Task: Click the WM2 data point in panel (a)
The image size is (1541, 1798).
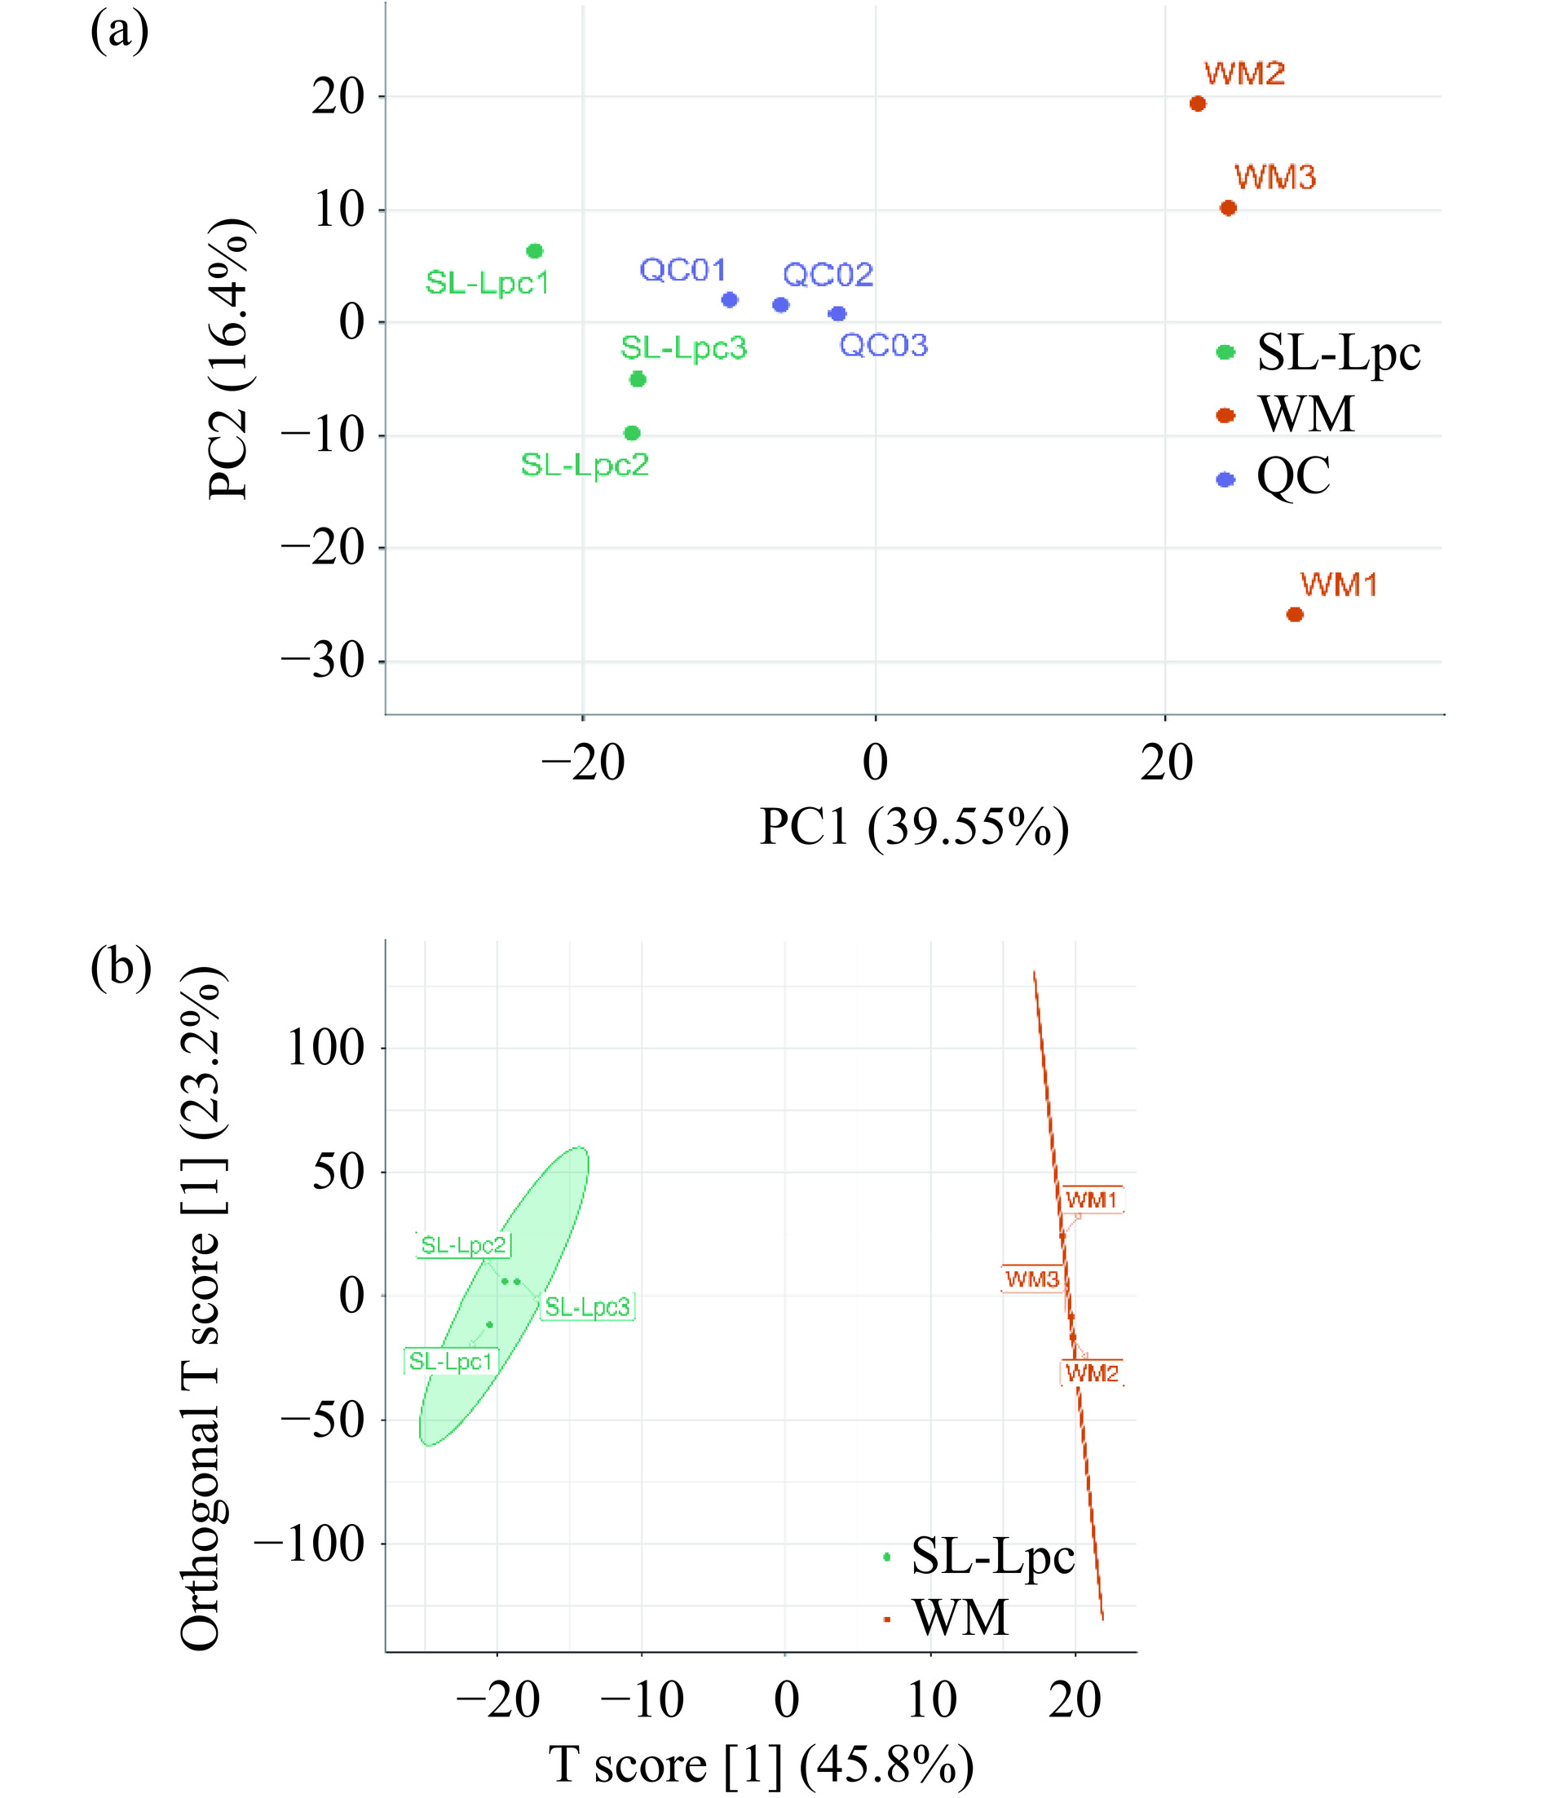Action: (1198, 104)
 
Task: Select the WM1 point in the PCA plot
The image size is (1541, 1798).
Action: (1295, 614)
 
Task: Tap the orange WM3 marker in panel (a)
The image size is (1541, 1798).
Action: (1228, 208)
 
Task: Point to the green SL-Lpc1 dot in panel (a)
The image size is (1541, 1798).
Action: (535, 252)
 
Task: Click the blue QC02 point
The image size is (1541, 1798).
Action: (781, 305)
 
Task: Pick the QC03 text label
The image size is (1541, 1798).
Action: (883, 346)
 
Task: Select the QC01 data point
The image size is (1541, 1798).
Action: (730, 300)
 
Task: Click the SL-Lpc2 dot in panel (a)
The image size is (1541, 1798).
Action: (632, 433)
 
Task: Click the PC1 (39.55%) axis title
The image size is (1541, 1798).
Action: (914, 827)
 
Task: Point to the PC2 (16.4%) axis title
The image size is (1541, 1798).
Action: (230, 360)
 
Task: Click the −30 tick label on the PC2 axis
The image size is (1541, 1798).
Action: (322, 662)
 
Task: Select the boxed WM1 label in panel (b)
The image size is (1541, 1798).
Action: (1092, 1200)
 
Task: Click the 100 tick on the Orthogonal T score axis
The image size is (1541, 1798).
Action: (325, 1049)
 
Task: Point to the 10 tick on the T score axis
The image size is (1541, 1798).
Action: (932, 1700)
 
